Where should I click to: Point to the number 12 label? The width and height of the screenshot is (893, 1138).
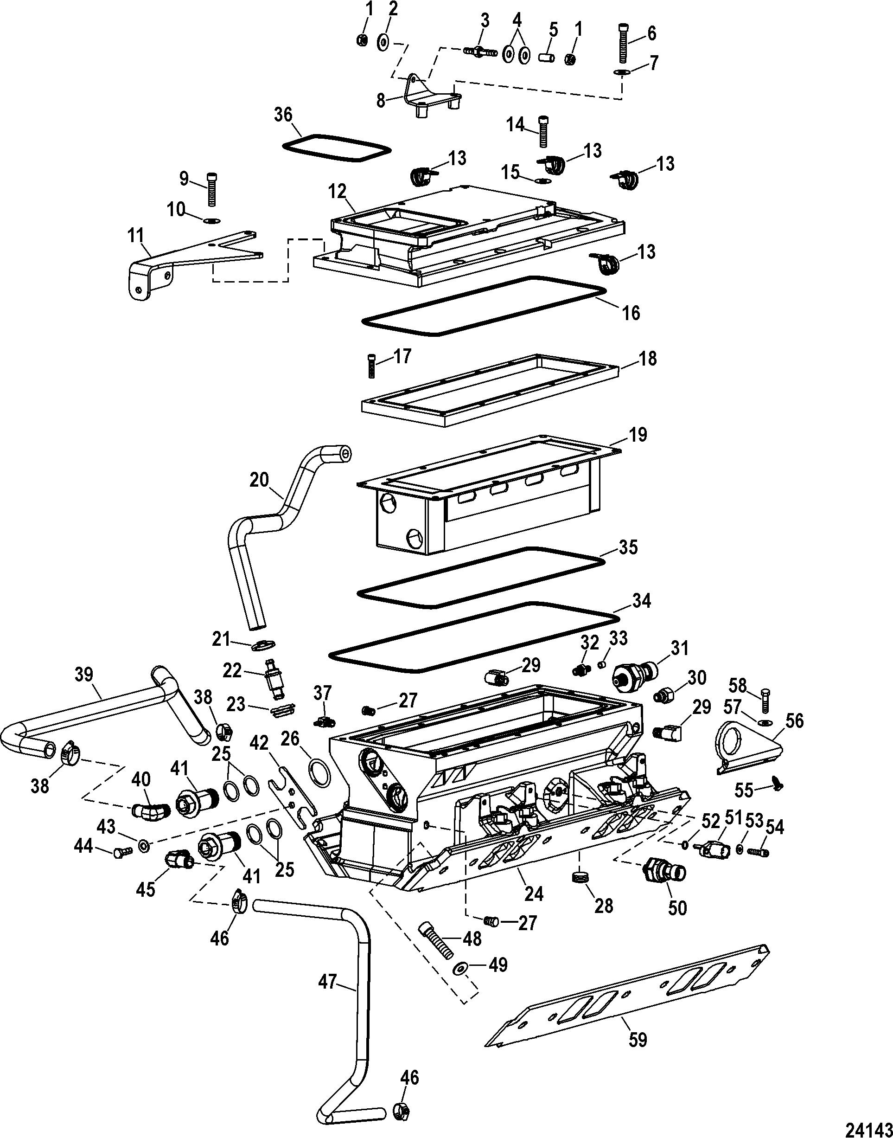pos(337,192)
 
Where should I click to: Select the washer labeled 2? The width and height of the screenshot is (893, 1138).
pos(382,42)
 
